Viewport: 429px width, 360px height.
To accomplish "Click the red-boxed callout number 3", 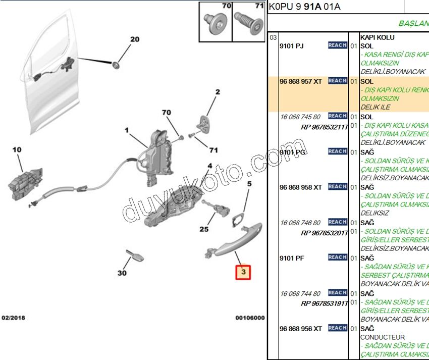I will coord(244,273).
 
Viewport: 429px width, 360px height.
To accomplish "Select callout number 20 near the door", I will coord(134,39).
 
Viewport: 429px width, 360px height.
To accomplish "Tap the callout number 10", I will coord(17,150).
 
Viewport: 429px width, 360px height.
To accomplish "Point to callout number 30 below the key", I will coord(122,273).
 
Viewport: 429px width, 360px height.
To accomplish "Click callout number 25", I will coord(204,229).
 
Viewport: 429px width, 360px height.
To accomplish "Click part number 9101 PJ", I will coord(292,46).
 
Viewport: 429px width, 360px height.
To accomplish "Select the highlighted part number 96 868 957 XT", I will coord(301,81).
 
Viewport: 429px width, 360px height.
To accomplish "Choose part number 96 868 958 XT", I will coord(301,187).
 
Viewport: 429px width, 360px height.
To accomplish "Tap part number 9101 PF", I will coord(292,258).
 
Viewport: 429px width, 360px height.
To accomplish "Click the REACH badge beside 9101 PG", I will coord(338,151).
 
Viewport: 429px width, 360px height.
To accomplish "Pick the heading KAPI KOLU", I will coord(378,37).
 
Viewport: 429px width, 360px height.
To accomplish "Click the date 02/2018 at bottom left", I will coord(14,318).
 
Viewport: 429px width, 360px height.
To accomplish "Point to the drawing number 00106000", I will coord(250,318).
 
